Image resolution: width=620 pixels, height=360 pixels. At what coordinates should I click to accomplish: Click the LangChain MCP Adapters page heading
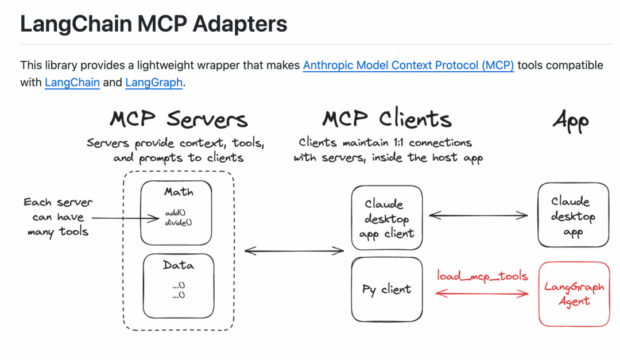[153, 24]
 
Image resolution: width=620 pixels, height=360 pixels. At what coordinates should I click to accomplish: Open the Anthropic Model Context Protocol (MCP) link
[408, 65]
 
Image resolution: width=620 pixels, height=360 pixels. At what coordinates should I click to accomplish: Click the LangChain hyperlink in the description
[72, 82]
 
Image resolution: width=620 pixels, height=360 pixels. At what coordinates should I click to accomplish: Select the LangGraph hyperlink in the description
[154, 82]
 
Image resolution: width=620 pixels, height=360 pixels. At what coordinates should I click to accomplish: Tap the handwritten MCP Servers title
[179, 119]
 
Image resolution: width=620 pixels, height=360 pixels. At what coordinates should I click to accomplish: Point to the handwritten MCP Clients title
[386, 119]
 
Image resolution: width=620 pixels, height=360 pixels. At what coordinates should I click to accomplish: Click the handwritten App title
[571, 121]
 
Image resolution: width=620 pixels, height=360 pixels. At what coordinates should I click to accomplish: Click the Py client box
[387, 289]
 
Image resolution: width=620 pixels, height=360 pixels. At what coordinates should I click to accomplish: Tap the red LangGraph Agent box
[573, 293]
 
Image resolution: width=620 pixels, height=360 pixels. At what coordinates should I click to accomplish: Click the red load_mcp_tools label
[482, 276]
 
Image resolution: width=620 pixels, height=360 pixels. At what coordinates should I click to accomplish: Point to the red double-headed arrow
[482, 293]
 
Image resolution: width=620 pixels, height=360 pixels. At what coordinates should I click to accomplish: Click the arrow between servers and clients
[294, 250]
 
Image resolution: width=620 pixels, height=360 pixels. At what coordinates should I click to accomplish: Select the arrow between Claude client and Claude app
[478, 215]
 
